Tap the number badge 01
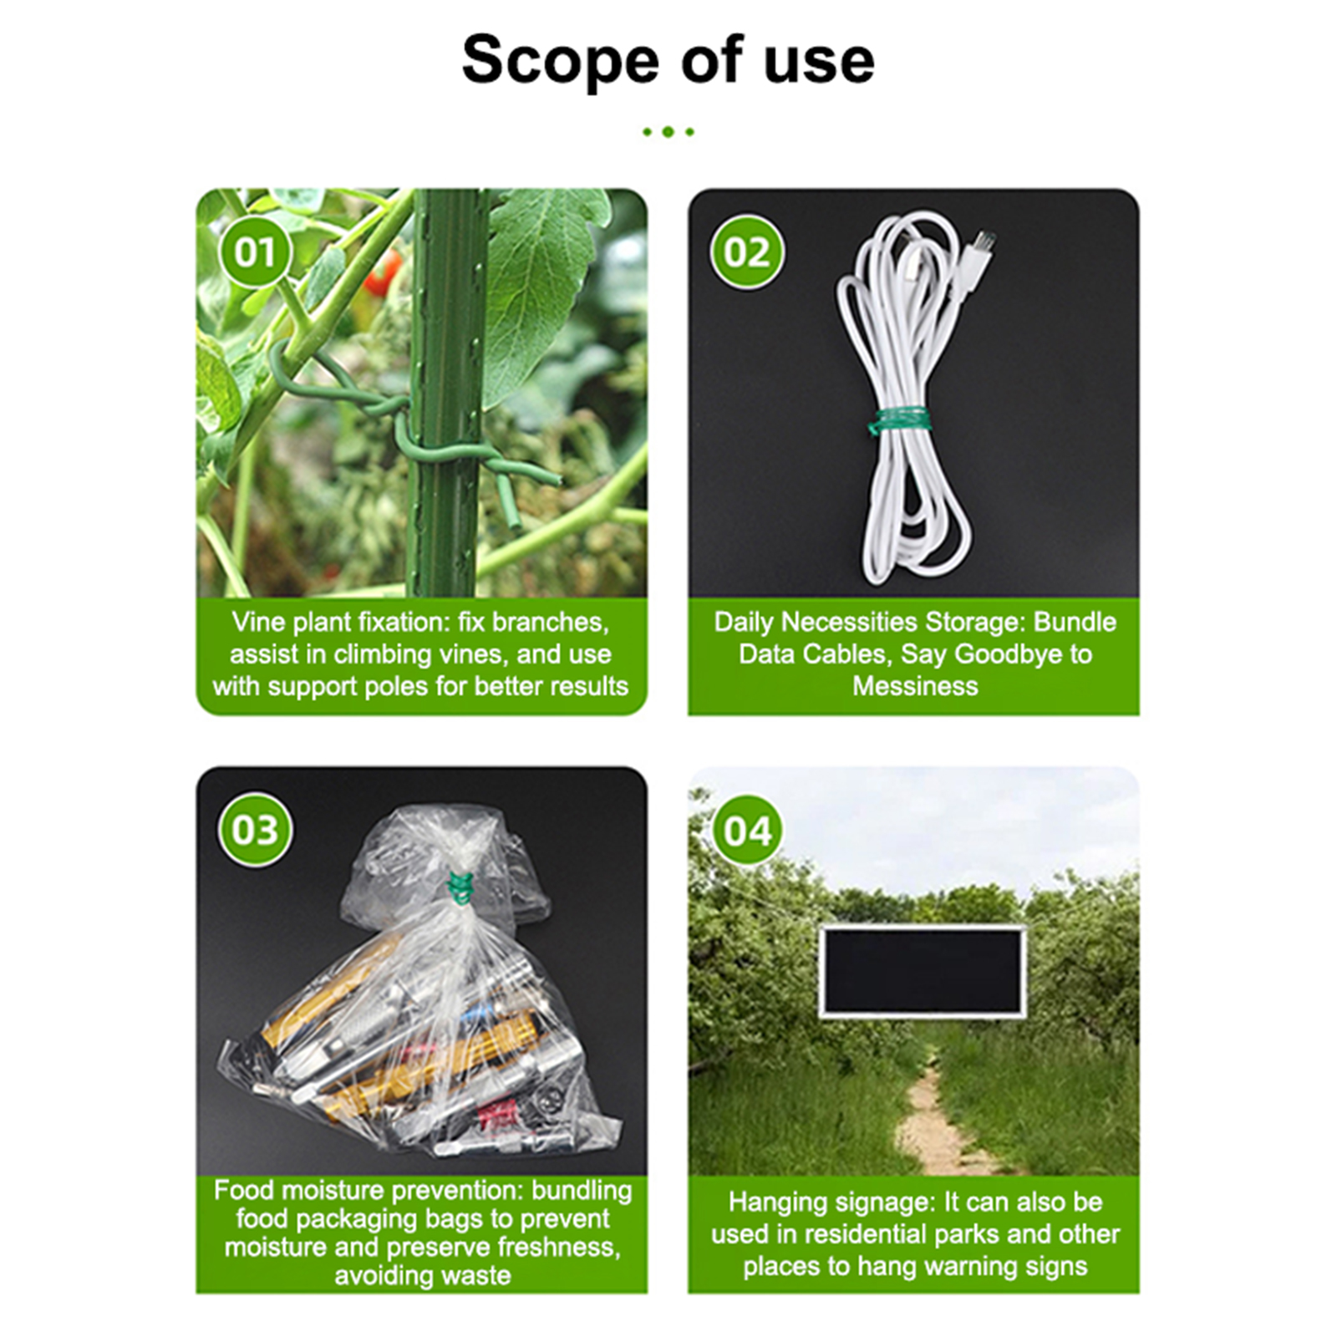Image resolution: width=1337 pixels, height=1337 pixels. [x=255, y=252]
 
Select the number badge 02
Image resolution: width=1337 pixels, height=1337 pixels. [x=746, y=252]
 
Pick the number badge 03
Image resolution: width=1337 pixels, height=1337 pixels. [x=255, y=830]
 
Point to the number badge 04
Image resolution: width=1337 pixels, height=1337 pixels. [x=746, y=831]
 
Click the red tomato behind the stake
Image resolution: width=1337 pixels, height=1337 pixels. [x=384, y=272]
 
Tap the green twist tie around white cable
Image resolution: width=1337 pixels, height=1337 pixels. [x=899, y=419]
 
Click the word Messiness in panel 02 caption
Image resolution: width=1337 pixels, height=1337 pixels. [x=915, y=686]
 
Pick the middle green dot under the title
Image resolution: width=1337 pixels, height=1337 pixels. [x=668, y=132]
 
